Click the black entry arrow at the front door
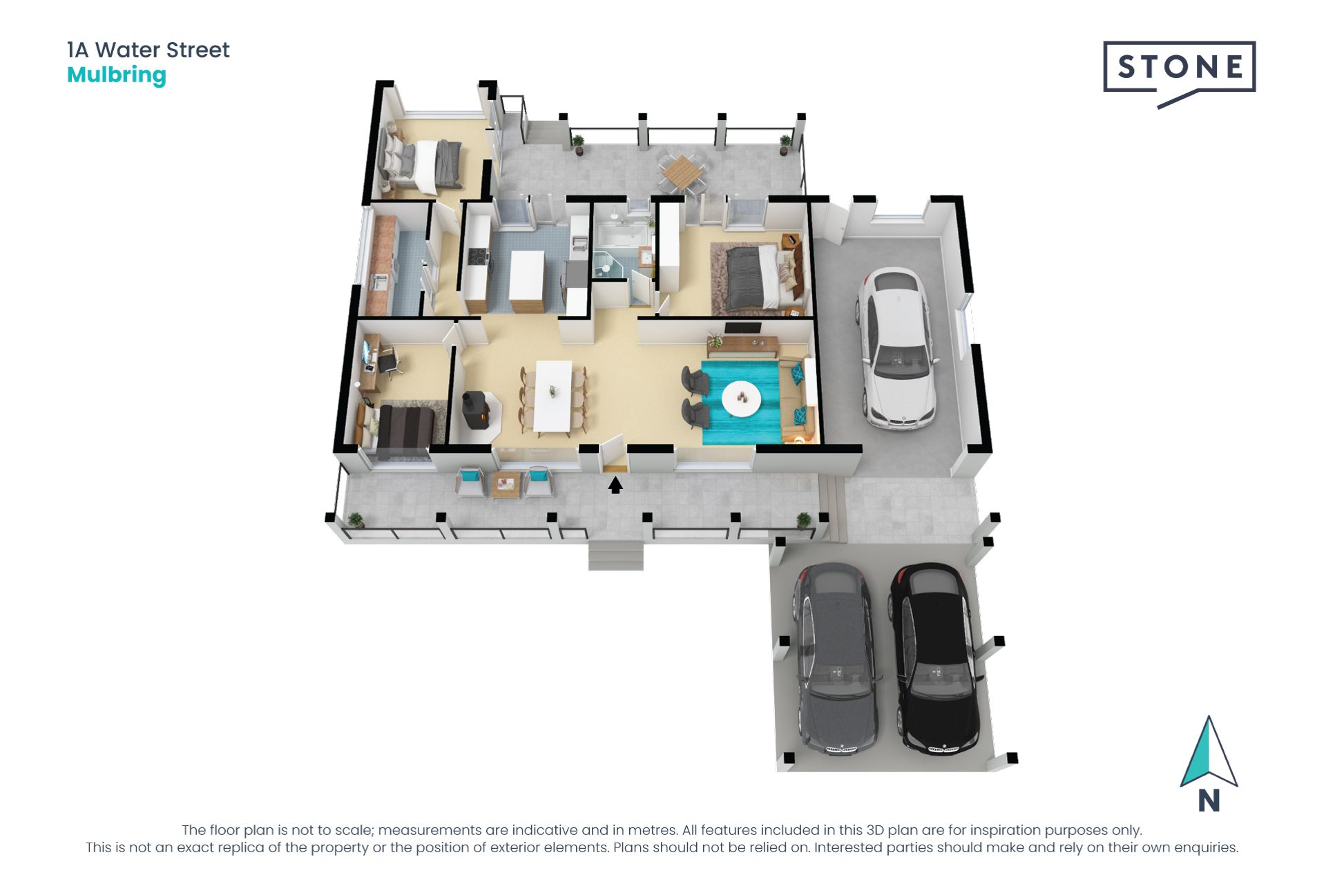click(615, 486)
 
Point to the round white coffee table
click(741, 398)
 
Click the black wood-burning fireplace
click(475, 410)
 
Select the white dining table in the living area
click(553, 396)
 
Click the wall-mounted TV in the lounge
click(743, 328)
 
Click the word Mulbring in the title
click(117, 75)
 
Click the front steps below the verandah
click(615, 556)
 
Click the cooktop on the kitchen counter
click(477, 256)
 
